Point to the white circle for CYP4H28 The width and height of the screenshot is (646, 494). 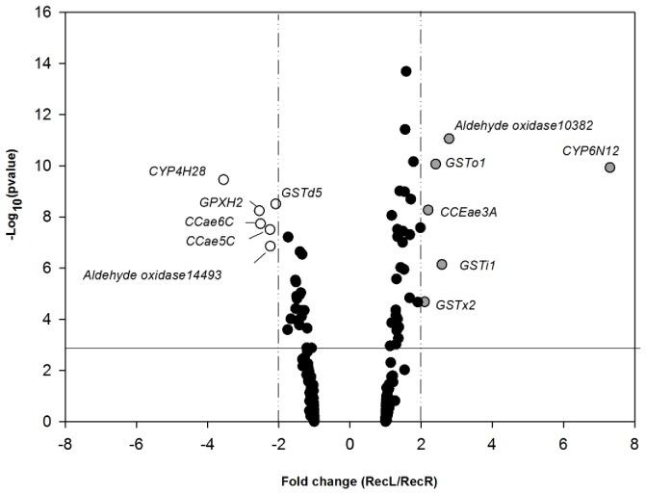coord(223,179)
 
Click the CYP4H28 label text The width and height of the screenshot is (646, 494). coord(177,171)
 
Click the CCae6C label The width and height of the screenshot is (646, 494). coord(211,221)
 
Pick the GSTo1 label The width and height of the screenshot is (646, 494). coord(465,163)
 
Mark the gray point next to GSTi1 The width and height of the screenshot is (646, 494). coord(442,264)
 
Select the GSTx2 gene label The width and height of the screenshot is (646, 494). coord(455,304)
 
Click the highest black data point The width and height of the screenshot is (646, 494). coord(406,72)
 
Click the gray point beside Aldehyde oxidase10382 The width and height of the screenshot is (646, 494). coord(449,139)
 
